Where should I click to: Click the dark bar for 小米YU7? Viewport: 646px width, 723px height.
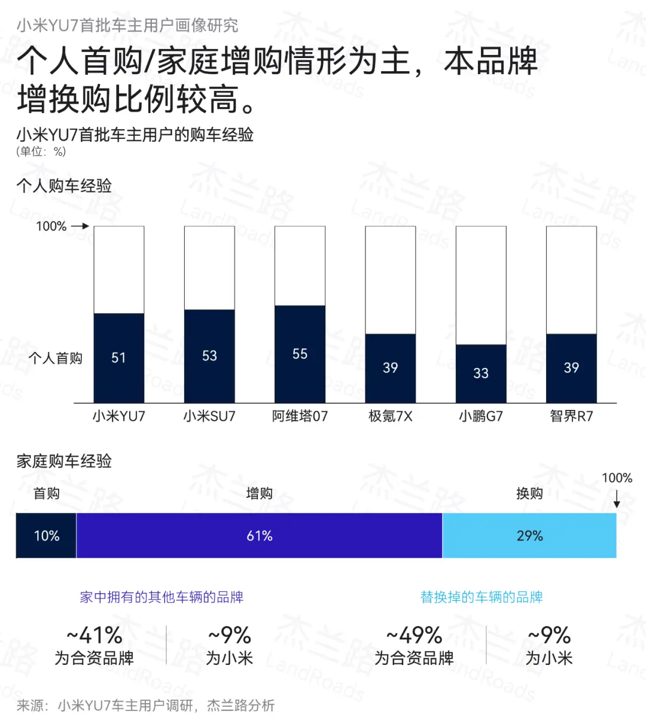(118, 358)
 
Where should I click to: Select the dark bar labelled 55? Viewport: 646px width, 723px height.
(300, 354)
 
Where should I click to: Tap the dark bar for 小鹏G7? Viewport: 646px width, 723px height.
(481, 373)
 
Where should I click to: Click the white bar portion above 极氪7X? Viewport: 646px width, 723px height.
(390, 280)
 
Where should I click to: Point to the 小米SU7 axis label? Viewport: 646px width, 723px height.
(209, 416)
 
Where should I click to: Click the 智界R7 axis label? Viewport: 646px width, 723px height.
(571, 416)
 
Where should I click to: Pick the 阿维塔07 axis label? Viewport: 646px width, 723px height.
(300, 416)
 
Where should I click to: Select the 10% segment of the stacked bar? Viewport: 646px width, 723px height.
(46, 536)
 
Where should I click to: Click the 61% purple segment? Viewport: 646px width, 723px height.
(259, 536)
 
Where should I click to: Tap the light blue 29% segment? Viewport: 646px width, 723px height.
(529, 536)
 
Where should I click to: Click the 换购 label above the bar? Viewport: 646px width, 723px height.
(529, 493)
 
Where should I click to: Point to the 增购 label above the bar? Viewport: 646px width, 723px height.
(259, 493)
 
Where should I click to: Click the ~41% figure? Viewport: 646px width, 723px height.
(95, 635)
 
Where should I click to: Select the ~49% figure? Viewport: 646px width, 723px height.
(414, 635)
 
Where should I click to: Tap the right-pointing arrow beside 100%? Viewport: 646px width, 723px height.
(80, 226)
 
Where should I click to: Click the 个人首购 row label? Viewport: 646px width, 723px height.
(56, 358)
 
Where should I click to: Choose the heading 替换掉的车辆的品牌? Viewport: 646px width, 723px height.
(482, 597)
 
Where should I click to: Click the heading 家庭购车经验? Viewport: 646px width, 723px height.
(64, 461)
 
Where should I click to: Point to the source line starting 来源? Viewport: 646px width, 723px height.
(145, 706)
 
